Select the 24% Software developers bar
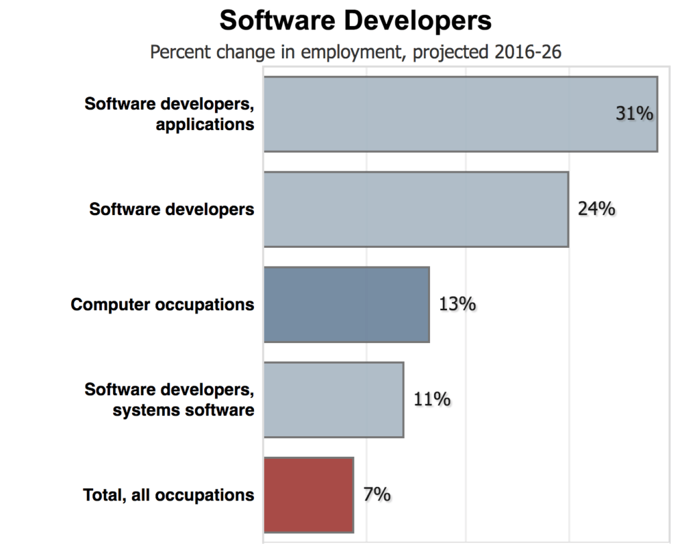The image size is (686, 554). click(x=416, y=209)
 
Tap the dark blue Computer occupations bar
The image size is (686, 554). click(x=346, y=304)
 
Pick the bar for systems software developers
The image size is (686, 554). click(x=334, y=400)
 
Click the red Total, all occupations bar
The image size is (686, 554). click(x=308, y=495)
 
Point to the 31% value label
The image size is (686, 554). click(x=634, y=114)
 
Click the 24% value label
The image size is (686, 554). click(x=596, y=209)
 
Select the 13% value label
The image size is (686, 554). click(x=457, y=304)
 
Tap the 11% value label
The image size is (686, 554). click(x=431, y=400)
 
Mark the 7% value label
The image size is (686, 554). click(x=377, y=495)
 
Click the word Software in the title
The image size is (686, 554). click(x=275, y=21)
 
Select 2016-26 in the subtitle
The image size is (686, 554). click(x=527, y=52)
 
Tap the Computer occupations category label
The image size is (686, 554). click(x=163, y=305)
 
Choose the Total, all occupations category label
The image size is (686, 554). click(x=169, y=496)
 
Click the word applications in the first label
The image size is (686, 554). click(x=205, y=125)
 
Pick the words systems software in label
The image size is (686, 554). click(x=184, y=410)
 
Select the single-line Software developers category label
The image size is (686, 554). click(x=172, y=210)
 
